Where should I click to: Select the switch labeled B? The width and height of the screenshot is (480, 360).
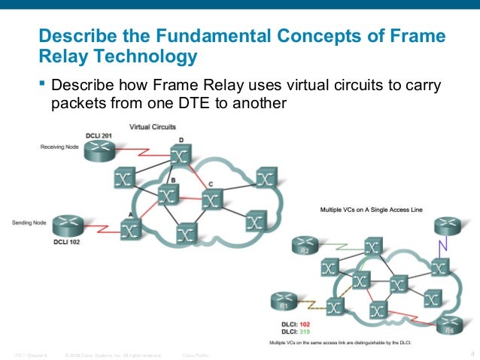tap(168, 195)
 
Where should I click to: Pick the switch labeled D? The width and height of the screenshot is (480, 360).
tap(179, 156)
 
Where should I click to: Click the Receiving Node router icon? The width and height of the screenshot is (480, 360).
tap(99, 152)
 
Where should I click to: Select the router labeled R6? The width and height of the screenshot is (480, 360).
tap(448, 324)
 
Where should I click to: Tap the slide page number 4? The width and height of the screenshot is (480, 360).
tap(470, 353)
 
